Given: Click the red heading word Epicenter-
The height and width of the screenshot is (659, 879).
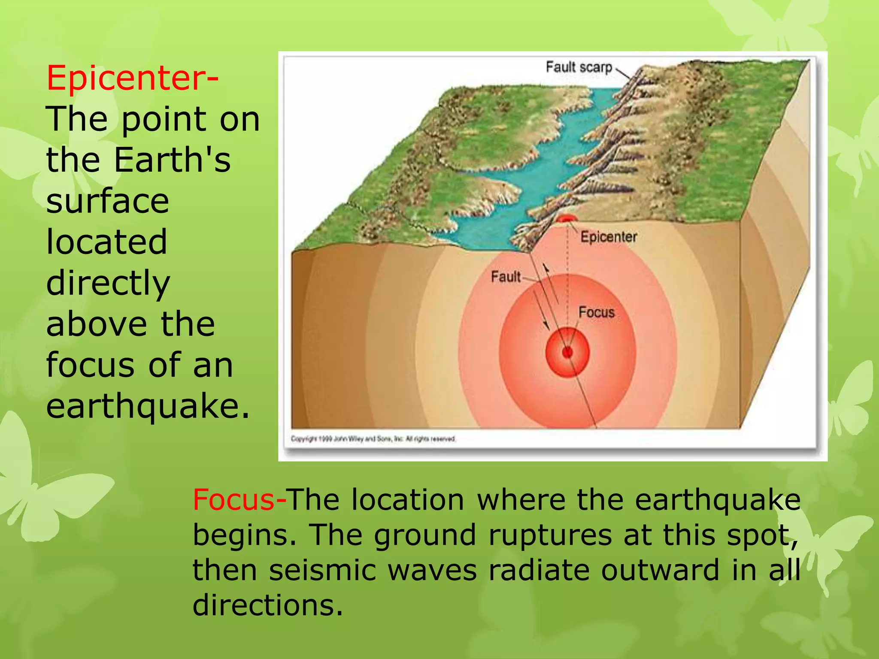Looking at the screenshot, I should (x=132, y=78).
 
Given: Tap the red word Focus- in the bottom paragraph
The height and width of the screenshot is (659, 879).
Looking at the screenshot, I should (x=239, y=500).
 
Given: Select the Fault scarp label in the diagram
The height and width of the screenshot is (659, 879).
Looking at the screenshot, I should (x=579, y=67).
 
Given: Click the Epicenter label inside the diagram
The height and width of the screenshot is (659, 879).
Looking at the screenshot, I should (x=608, y=237).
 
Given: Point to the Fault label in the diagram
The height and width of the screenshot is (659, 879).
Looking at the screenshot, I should (x=506, y=277).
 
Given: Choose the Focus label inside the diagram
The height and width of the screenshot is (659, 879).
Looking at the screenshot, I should (x=596, y=312).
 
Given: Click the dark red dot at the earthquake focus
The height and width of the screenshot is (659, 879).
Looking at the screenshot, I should (x=567, y=353).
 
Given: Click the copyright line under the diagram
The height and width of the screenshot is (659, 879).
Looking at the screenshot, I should (x=373, y=439).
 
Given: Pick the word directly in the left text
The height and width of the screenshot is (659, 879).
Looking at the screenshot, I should (x=108, y=284).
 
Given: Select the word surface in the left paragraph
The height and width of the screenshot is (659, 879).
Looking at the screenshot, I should (x=107, y=201).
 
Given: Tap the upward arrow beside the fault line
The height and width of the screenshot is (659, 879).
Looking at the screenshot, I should (x=552, y=283).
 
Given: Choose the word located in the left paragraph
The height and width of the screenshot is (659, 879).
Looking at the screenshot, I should (x=106, y=242).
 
